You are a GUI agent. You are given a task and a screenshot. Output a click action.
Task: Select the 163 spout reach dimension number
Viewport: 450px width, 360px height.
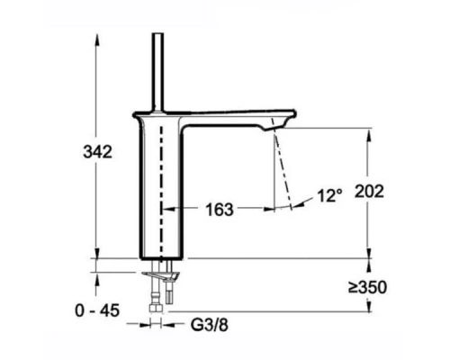219,210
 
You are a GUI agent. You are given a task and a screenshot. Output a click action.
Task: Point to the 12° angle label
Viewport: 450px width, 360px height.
329,194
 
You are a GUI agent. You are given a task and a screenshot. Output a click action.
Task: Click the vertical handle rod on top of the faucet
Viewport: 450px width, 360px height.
160,72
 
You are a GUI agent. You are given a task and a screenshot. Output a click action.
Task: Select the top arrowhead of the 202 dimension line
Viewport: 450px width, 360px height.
368,131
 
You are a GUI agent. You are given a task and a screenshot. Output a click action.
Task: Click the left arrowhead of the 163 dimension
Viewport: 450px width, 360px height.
166,209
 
